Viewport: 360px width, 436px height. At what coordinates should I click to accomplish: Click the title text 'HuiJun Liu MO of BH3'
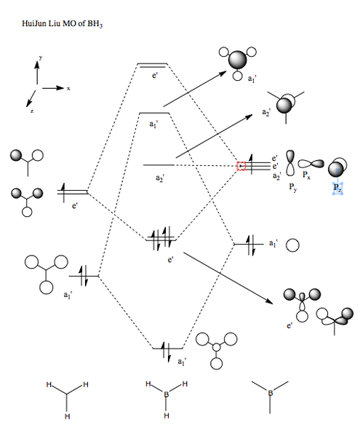coord(63,23)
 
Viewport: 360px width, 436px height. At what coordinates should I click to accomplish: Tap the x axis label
coord(68,88)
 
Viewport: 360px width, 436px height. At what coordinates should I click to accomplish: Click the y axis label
coord(41,58)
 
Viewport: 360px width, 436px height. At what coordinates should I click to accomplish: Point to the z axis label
coord(32,111)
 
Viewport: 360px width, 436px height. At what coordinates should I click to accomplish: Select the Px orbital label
coord(306,175)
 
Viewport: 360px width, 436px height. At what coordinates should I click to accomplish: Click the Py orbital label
coord(293,187)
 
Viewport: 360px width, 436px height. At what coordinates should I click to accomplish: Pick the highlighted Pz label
coord(337,188)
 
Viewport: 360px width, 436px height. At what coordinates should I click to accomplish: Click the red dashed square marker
coord(241,166)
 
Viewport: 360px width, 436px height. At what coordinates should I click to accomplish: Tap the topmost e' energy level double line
coord(152,66)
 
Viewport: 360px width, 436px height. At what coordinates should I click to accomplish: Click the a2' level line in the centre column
coord(159,165)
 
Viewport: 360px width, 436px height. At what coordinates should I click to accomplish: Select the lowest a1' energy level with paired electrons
coord(168,349)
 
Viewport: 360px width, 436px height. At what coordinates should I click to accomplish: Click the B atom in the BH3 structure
coord(166,394)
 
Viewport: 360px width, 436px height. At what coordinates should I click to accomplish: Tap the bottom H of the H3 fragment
coord(67,416)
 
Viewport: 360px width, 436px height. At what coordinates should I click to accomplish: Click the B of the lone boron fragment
coord(271,393)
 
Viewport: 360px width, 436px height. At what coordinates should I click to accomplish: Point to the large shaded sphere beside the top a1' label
coord(238,60)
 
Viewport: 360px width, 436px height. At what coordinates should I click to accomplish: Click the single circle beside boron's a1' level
coord(292,245)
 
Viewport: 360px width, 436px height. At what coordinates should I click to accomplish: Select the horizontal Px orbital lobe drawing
coord(311,164)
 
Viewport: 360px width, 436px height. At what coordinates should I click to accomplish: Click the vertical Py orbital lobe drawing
coord(290,163)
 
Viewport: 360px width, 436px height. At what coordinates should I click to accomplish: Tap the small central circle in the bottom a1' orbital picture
coord(217,347)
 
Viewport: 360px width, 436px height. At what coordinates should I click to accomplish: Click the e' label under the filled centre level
coord(171,260)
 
